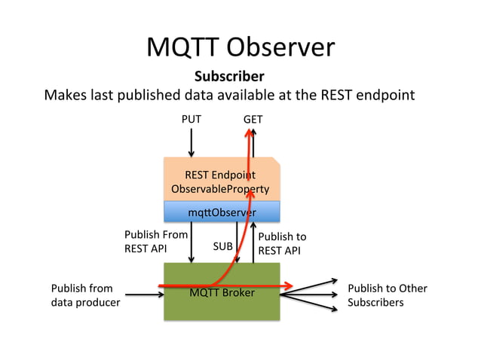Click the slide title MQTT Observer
240,47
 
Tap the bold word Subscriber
229,77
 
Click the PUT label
191,119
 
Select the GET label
253,119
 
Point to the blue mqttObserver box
222,212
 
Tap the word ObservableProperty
221,188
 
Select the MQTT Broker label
222,292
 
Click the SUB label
222,246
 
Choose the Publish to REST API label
282,243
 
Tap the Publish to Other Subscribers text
388,295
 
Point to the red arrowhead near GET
249,134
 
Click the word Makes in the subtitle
63,96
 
